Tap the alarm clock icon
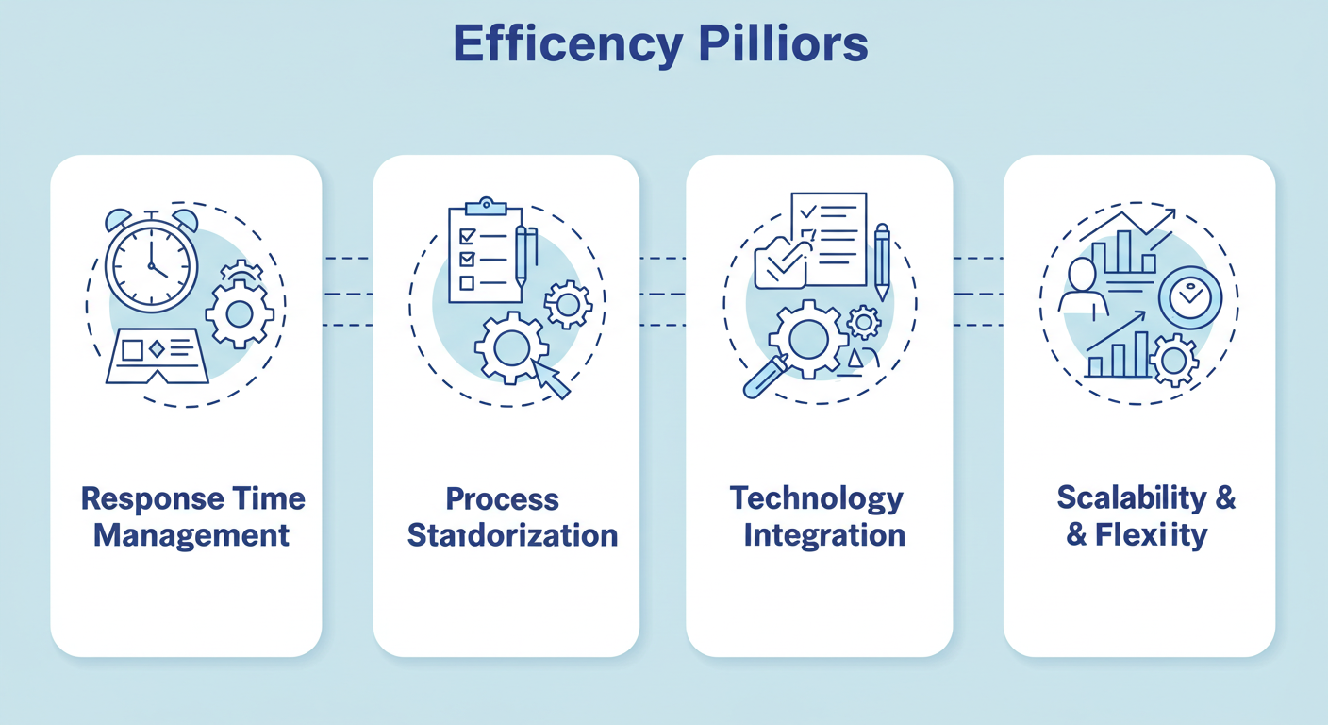pos(151,263)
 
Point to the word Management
pos(191,536)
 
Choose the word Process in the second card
pos(503,499)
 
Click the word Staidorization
pos(512,536)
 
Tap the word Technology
pos(817,499)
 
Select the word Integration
pos(824,536)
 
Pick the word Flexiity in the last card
pos(1151,536)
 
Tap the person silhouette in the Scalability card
pos(1083,285)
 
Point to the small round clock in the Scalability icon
pos(1189,297)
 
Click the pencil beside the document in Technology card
pos(882,261)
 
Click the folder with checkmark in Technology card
pos(780,263)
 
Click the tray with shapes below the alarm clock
pos(158,355)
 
